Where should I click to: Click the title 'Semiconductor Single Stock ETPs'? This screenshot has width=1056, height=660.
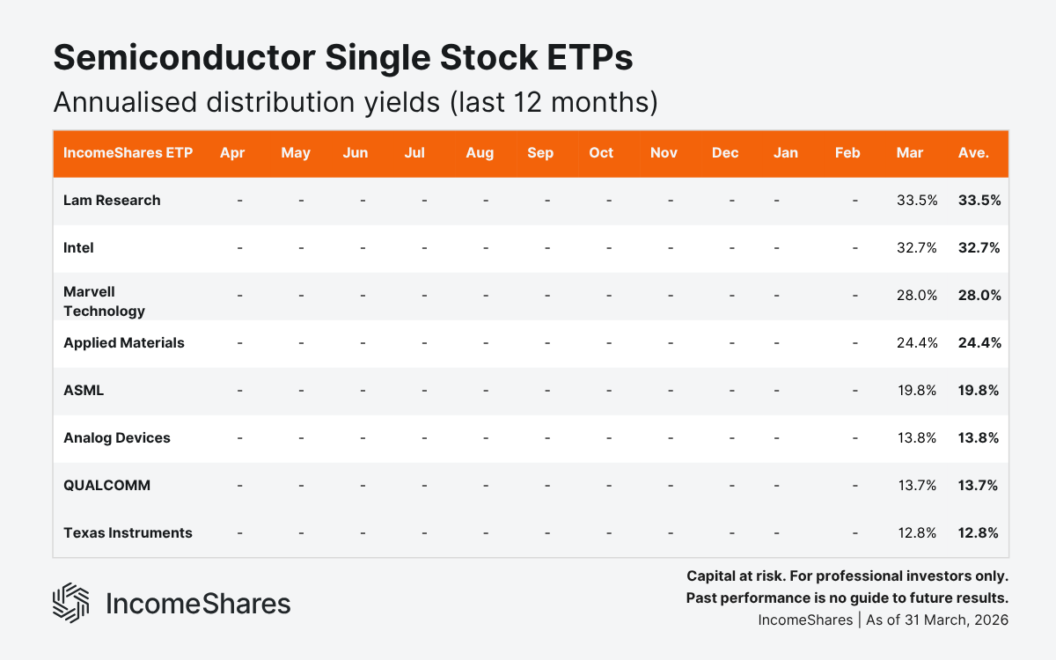[343, 58]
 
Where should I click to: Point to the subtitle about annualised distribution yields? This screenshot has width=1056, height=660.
[355, 102]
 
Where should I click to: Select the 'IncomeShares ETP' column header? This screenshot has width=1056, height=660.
[128, 153]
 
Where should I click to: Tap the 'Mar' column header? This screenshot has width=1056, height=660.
[909, 153]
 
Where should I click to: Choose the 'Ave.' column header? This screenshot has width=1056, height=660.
[973, 153]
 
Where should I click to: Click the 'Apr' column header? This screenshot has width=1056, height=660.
[232, 153]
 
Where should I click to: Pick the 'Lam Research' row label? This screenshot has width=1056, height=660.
[112, 201]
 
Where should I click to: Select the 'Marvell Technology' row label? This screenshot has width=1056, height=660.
[104, 301]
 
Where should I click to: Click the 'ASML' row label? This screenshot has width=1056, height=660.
[84, 391]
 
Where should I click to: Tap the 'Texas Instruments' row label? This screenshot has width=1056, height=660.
[128, 533]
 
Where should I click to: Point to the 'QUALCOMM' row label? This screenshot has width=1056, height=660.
[106, 486]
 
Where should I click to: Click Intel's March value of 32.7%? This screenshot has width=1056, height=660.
[916, 248]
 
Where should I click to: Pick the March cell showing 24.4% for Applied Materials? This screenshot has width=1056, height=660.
[916, 343]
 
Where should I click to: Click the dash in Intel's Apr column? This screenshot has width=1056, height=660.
[239, 248]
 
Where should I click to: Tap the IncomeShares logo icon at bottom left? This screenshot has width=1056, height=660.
[70, 603]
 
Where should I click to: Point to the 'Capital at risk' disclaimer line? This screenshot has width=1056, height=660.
[847, 576]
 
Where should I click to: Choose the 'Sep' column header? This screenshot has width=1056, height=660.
[540, 153]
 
